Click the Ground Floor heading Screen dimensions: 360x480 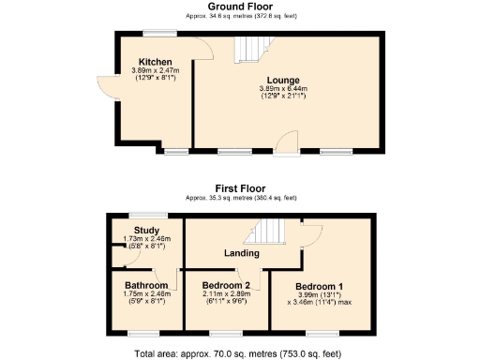point(240,7)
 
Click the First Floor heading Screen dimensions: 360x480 point(240,188)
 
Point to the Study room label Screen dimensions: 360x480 point(146,230)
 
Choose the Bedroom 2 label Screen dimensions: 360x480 point(226,285)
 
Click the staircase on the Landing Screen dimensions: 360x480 point(269,231)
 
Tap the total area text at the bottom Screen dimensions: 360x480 point(240,353)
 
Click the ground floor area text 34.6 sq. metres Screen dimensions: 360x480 point(240,16)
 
